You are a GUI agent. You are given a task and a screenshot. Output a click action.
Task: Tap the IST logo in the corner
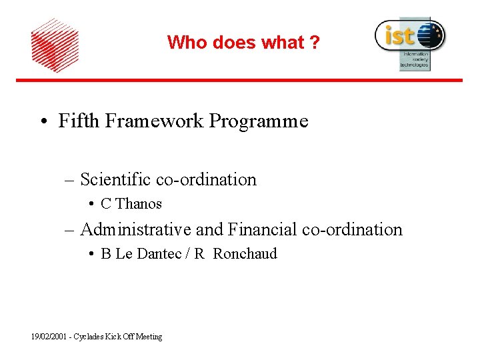coord(409,41)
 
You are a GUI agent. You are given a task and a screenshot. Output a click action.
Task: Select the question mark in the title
coord(314,43)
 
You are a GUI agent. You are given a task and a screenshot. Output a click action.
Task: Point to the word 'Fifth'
coord(75,121)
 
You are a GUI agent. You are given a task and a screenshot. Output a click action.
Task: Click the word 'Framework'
coord(150,121)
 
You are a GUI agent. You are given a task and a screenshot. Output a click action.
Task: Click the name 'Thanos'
coord(139,204)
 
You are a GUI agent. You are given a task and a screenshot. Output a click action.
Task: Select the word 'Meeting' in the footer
coord(149,337)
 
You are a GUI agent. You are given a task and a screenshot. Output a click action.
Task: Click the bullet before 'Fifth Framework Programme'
coord(43,122)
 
